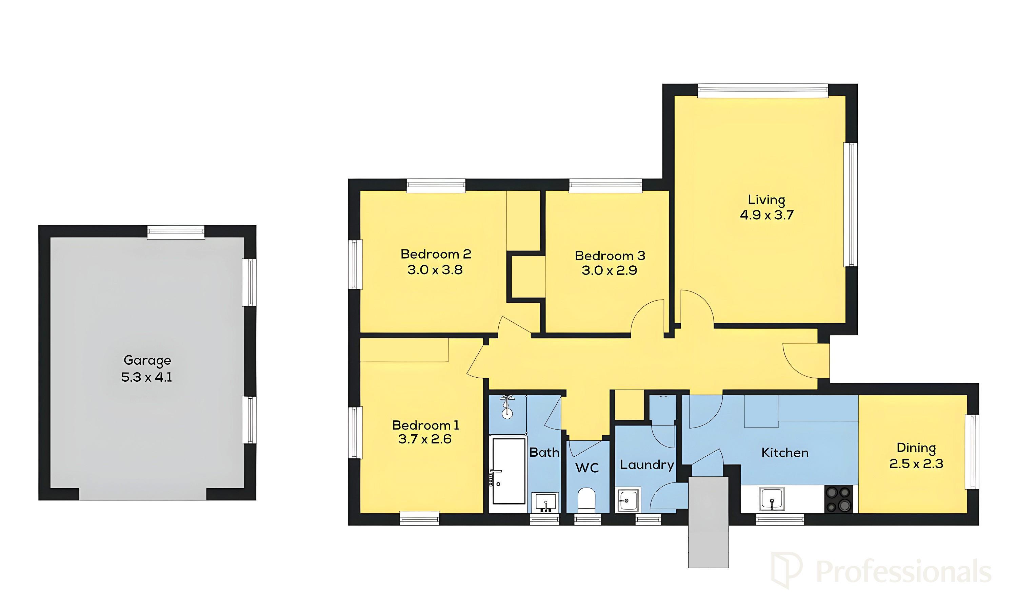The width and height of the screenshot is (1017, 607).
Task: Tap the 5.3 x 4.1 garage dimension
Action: pyautogui.click(x=147, y=377)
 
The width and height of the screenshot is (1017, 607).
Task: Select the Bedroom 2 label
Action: pyautogui.click(x=436, y=254)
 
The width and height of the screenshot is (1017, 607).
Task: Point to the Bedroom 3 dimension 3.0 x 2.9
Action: pyautogui.click(x=609, y=270)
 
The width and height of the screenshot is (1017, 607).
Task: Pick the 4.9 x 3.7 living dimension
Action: pyautogui.click(x=766, y=215)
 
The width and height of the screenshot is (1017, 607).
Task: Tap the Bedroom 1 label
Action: pyautogui.click(x=425, y=425)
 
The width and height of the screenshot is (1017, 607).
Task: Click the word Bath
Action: pyautogui.click(x=544, y=452)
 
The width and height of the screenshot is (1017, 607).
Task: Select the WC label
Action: pyautogui.click(x=587, y=468)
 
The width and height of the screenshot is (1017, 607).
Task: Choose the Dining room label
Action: pyautogui.click(x=916, y=448)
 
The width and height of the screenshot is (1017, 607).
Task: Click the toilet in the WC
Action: pyautogui.click(x=587, y=500)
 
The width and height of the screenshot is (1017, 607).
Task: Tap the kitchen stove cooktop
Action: pyautogui.click(x=839, y=499)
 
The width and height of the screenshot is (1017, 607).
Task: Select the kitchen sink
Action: pyautogui.click(x=772, y=499)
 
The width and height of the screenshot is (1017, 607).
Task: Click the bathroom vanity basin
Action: pyautogui.click(x=545, y=502)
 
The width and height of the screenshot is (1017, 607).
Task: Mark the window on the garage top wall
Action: pyautogui.click(x=176, y=233)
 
